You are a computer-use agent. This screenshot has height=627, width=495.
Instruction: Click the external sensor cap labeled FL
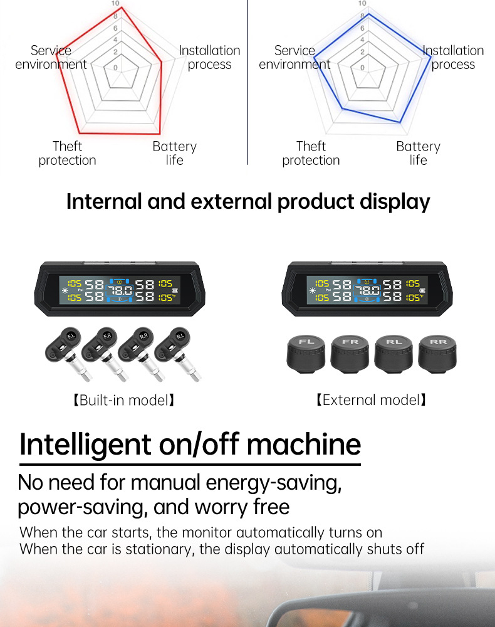tap(306, 354)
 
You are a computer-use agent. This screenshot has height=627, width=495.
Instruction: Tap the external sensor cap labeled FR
tap(350, 354)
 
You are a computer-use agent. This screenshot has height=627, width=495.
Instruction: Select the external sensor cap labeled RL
tap(393, 354)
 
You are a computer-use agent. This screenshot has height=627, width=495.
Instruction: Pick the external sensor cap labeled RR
tap(437, 354)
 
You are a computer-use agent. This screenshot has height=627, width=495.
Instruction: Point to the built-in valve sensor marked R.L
tap(177, 352)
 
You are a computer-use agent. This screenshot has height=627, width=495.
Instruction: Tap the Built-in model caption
tap(124, 400)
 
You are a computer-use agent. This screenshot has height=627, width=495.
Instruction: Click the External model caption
tap(371, 400)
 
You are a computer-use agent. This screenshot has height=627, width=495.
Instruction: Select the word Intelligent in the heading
tap(85, 445)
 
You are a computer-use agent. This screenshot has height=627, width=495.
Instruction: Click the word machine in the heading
tap(304, 444)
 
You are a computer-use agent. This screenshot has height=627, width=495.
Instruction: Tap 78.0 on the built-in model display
tap(120, 290)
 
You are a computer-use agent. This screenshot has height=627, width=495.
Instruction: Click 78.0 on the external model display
tap(367, 290)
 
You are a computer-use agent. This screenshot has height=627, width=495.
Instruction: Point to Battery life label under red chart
tap(175, 153)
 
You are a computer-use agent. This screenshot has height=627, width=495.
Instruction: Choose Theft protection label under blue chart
tap(311, 153)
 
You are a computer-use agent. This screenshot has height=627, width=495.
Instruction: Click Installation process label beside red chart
tap(209, 57)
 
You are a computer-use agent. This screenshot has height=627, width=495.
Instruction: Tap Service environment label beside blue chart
tap(294, 57)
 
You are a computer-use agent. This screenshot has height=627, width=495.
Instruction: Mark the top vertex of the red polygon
tap(122, 7)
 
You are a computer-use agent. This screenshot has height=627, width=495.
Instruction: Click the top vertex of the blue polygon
tap(369, 14)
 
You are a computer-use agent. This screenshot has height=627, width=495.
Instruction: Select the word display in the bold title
tap(395, 202)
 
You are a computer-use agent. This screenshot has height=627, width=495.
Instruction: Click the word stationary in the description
tap(159, 549)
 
